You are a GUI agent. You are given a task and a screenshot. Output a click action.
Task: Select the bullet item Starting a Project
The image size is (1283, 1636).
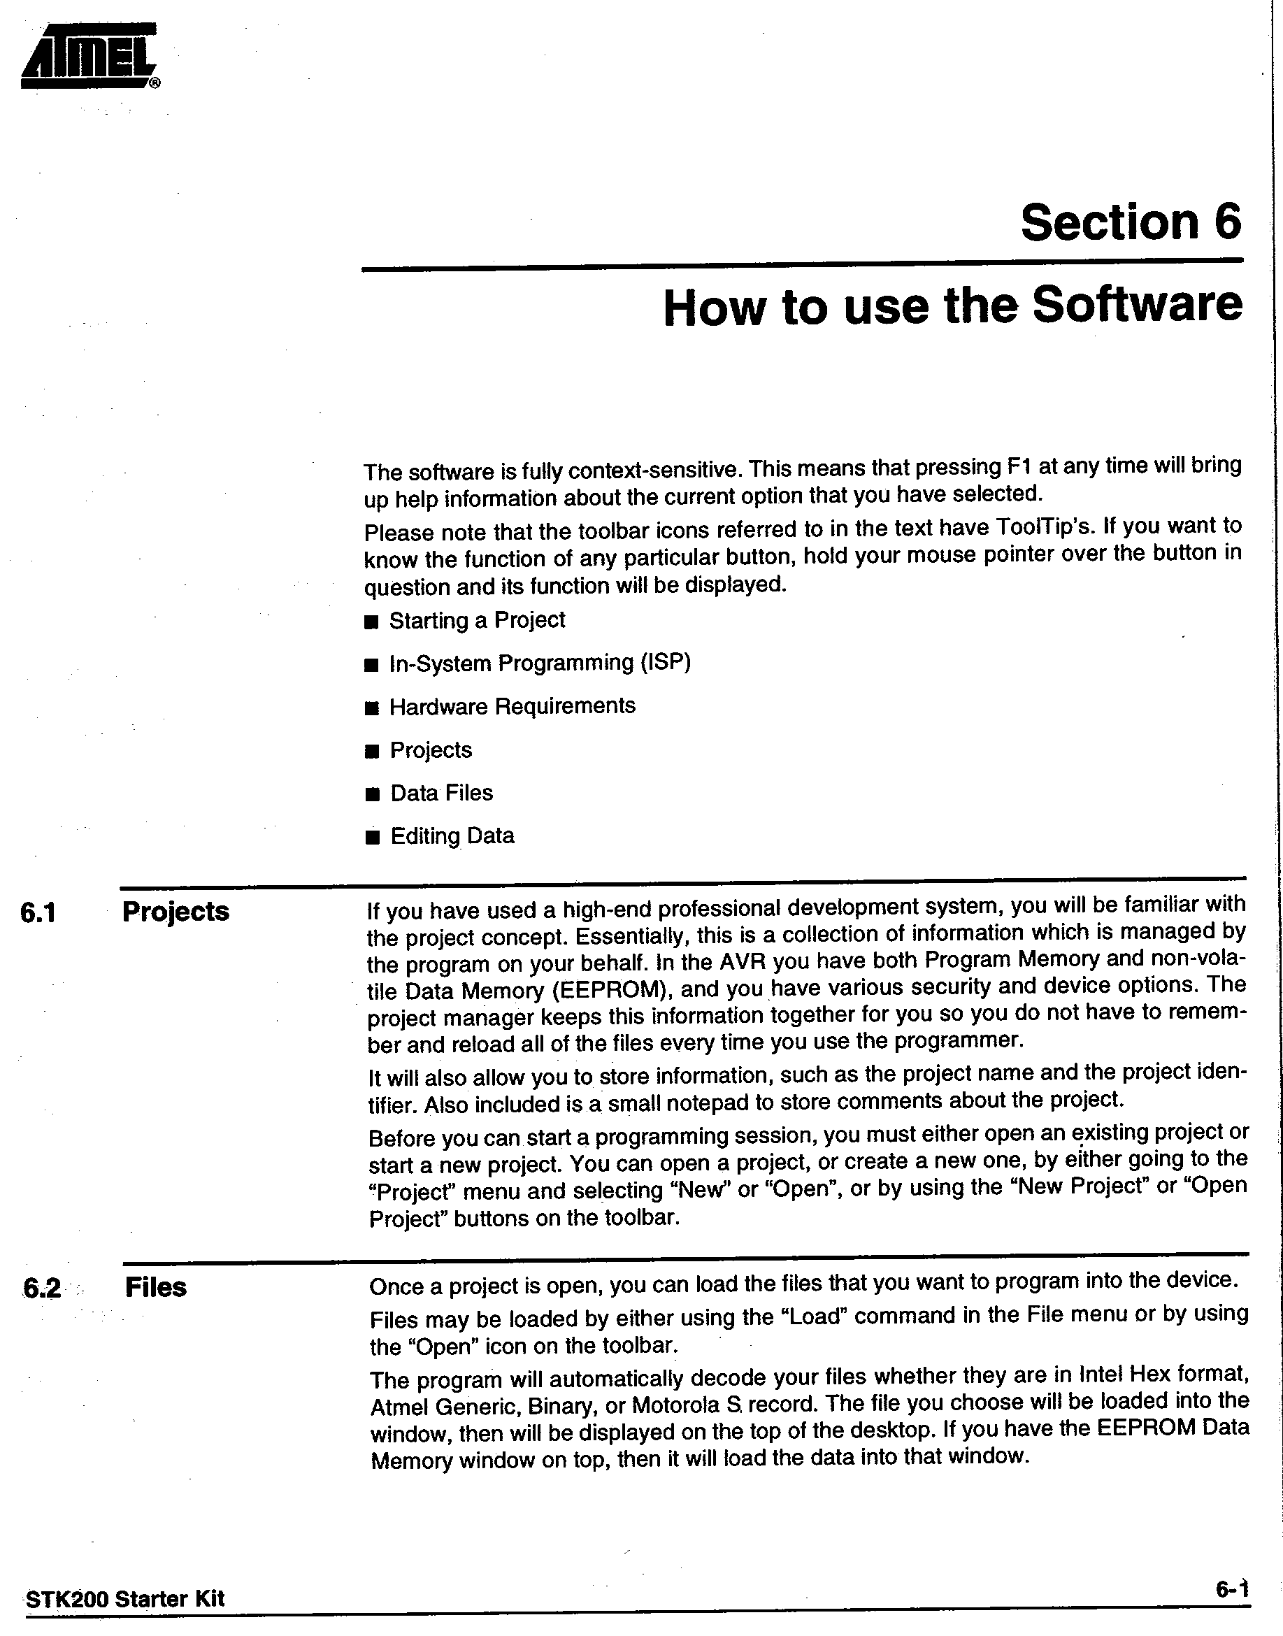476,620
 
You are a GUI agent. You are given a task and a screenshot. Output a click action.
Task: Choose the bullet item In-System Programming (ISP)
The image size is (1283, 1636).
539,663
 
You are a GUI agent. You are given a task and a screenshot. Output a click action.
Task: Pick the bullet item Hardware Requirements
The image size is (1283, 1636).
512,707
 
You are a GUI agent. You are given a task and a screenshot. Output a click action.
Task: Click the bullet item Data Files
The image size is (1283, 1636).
441,794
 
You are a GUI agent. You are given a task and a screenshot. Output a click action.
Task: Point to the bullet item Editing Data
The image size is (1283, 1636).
452,836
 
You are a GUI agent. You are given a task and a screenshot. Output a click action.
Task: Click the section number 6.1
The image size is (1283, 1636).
38,913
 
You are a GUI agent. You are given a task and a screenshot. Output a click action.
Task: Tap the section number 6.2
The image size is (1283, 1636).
41,1289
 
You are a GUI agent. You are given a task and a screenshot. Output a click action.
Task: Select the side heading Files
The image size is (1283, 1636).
155,1287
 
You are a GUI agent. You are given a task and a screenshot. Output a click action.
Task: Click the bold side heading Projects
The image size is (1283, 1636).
175,912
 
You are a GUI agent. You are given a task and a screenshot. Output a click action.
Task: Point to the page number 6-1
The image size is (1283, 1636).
1232,1589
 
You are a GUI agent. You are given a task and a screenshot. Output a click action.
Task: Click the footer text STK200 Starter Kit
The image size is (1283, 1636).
125,1598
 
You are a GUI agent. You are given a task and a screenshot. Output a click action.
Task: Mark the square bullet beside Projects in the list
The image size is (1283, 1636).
372,752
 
